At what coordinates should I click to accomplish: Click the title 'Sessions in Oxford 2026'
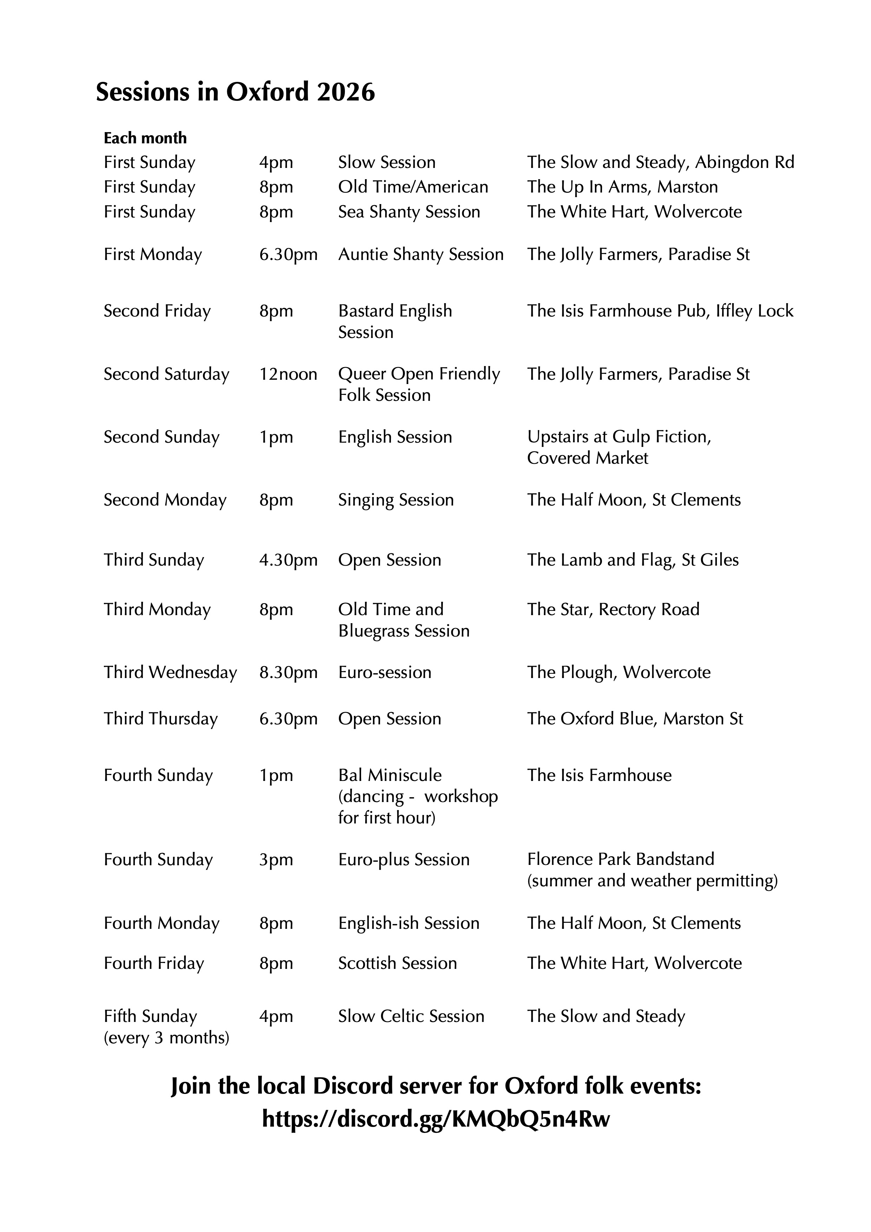tap(235, 92)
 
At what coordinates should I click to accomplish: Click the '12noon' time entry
tap(288, 374)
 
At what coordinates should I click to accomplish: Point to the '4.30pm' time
tap(288, 560)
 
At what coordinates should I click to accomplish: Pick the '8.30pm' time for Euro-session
tap(288, 672)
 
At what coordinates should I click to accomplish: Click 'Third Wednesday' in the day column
tap(170, 672)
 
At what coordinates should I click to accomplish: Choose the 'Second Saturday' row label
tap(166, 374)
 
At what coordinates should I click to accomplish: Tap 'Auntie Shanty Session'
tap(420, 254)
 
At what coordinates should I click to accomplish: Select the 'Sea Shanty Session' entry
tap(409, 212)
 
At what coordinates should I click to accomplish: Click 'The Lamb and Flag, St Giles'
tap(632, 560)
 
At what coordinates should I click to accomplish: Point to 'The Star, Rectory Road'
tap(613, 610)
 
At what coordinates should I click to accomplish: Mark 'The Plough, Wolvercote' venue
tap(618, 672)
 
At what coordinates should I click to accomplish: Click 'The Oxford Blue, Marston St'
tap(635, 719)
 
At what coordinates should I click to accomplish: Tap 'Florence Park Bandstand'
tap(621, 859)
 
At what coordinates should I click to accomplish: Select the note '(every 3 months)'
tap(166, 1038)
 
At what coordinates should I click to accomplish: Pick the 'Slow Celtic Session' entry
tap(411, 1016)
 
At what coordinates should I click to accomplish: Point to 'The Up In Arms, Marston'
tap(622, 187)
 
